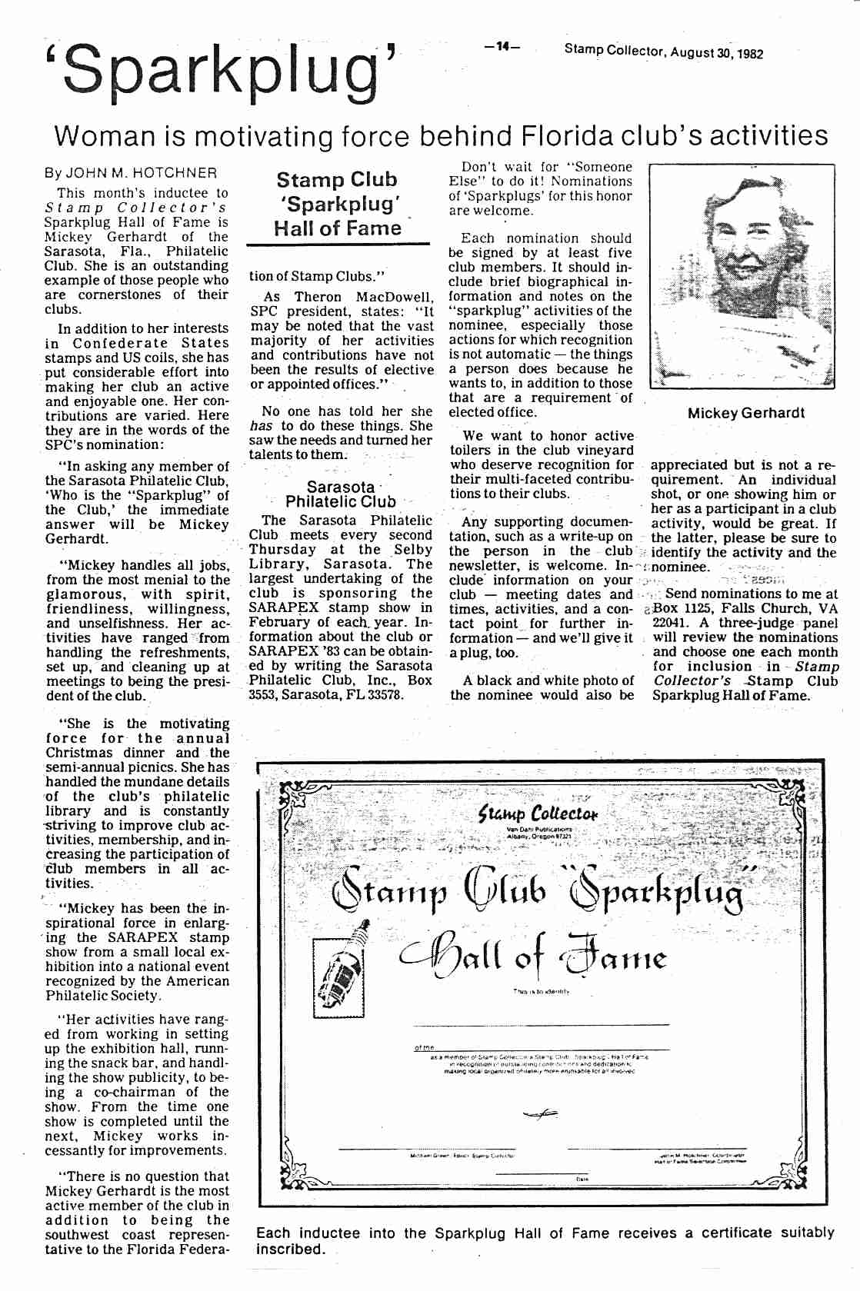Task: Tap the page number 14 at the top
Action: coord(502,47)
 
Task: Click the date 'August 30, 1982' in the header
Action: coord(716,52)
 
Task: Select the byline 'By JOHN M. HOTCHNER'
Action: coord(131,173)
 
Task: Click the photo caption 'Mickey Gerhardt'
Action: coord(745,413)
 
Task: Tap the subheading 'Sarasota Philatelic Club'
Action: coord(340,494)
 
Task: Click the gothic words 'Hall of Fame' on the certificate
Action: coord(532,957)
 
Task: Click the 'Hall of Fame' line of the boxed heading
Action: coord(337,228)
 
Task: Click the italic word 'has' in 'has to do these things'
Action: coord(261,426)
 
